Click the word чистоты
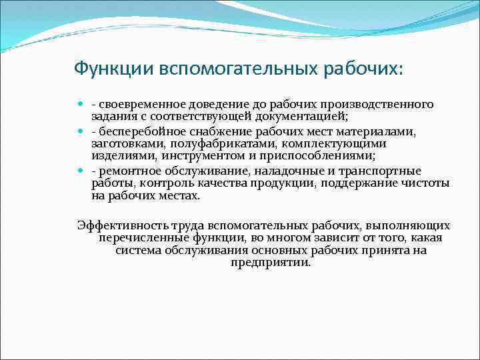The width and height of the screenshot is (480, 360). click(426, 183)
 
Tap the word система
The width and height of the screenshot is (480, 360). click(137, 250)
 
